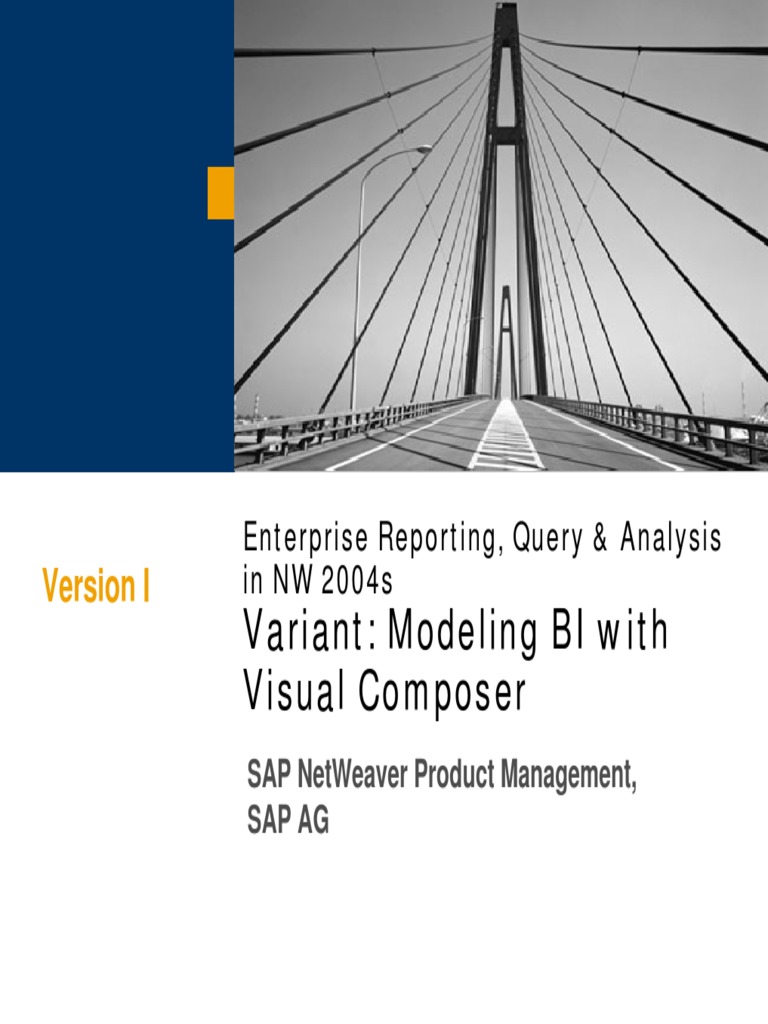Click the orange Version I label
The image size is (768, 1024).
click(96, 587)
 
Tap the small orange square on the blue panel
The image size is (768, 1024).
click(220, 193)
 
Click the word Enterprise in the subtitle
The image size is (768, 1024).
click(305, 540)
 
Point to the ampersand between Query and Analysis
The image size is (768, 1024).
click(600, 540)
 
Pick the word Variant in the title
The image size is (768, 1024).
click(307, 633)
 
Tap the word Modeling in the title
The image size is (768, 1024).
click(449, 634)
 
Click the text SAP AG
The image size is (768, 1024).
click(288, 822)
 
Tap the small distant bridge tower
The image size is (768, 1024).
click(506, 340)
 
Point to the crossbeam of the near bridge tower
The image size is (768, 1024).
click(507, 136)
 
